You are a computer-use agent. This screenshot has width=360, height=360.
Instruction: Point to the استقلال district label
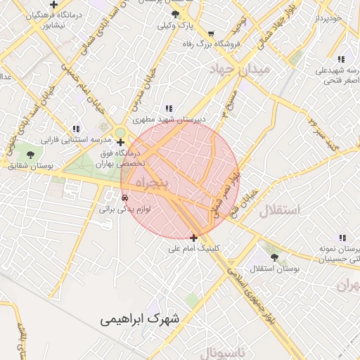279,210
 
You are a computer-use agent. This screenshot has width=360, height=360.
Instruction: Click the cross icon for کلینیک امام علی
194,238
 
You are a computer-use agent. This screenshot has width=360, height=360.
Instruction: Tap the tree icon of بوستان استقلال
274,257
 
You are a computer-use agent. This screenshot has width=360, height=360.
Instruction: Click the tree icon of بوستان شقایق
30,154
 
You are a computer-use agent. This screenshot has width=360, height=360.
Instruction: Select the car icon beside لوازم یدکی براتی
124,198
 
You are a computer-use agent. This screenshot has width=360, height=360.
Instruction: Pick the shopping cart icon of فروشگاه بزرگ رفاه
211,33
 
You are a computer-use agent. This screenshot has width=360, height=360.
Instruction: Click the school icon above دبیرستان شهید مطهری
169,108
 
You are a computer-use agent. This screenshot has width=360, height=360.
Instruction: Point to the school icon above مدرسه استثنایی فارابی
76,129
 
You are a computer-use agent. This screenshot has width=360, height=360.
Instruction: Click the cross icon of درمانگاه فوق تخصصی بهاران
121,142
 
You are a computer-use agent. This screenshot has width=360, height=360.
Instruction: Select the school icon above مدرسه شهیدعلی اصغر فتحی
341,59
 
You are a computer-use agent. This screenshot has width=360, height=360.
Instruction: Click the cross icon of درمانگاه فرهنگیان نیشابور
53,5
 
